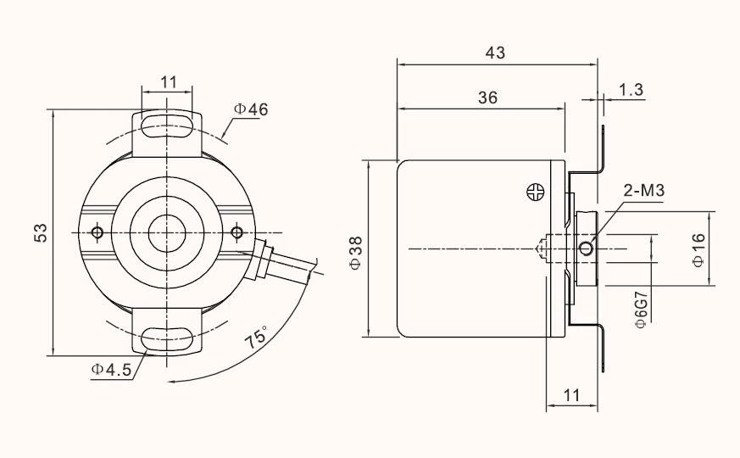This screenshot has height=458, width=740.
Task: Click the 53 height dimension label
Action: [39, 232]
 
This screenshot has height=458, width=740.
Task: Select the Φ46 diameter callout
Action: [251, 109]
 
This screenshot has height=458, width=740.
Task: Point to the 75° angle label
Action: [256, 337]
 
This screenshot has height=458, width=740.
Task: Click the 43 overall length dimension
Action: [495, 53]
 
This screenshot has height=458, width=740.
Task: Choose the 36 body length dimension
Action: [487, 98]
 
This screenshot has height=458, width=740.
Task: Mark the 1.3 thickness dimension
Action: [630, 89]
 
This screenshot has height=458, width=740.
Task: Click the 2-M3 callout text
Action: [644, 191]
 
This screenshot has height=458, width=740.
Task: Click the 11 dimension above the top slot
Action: [168, 81]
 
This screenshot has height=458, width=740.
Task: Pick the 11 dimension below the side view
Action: [570, 394]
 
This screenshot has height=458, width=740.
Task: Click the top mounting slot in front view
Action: [168, 127]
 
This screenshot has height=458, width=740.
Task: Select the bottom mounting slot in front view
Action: [168, 340]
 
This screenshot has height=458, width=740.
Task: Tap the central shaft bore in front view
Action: [168, 232]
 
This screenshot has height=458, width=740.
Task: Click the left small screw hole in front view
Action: [98, 232]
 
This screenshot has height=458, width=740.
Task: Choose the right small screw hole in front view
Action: [236, 232]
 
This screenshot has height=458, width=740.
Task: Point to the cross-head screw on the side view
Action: [535, 192]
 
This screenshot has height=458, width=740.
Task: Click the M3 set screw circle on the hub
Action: [586, 248]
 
